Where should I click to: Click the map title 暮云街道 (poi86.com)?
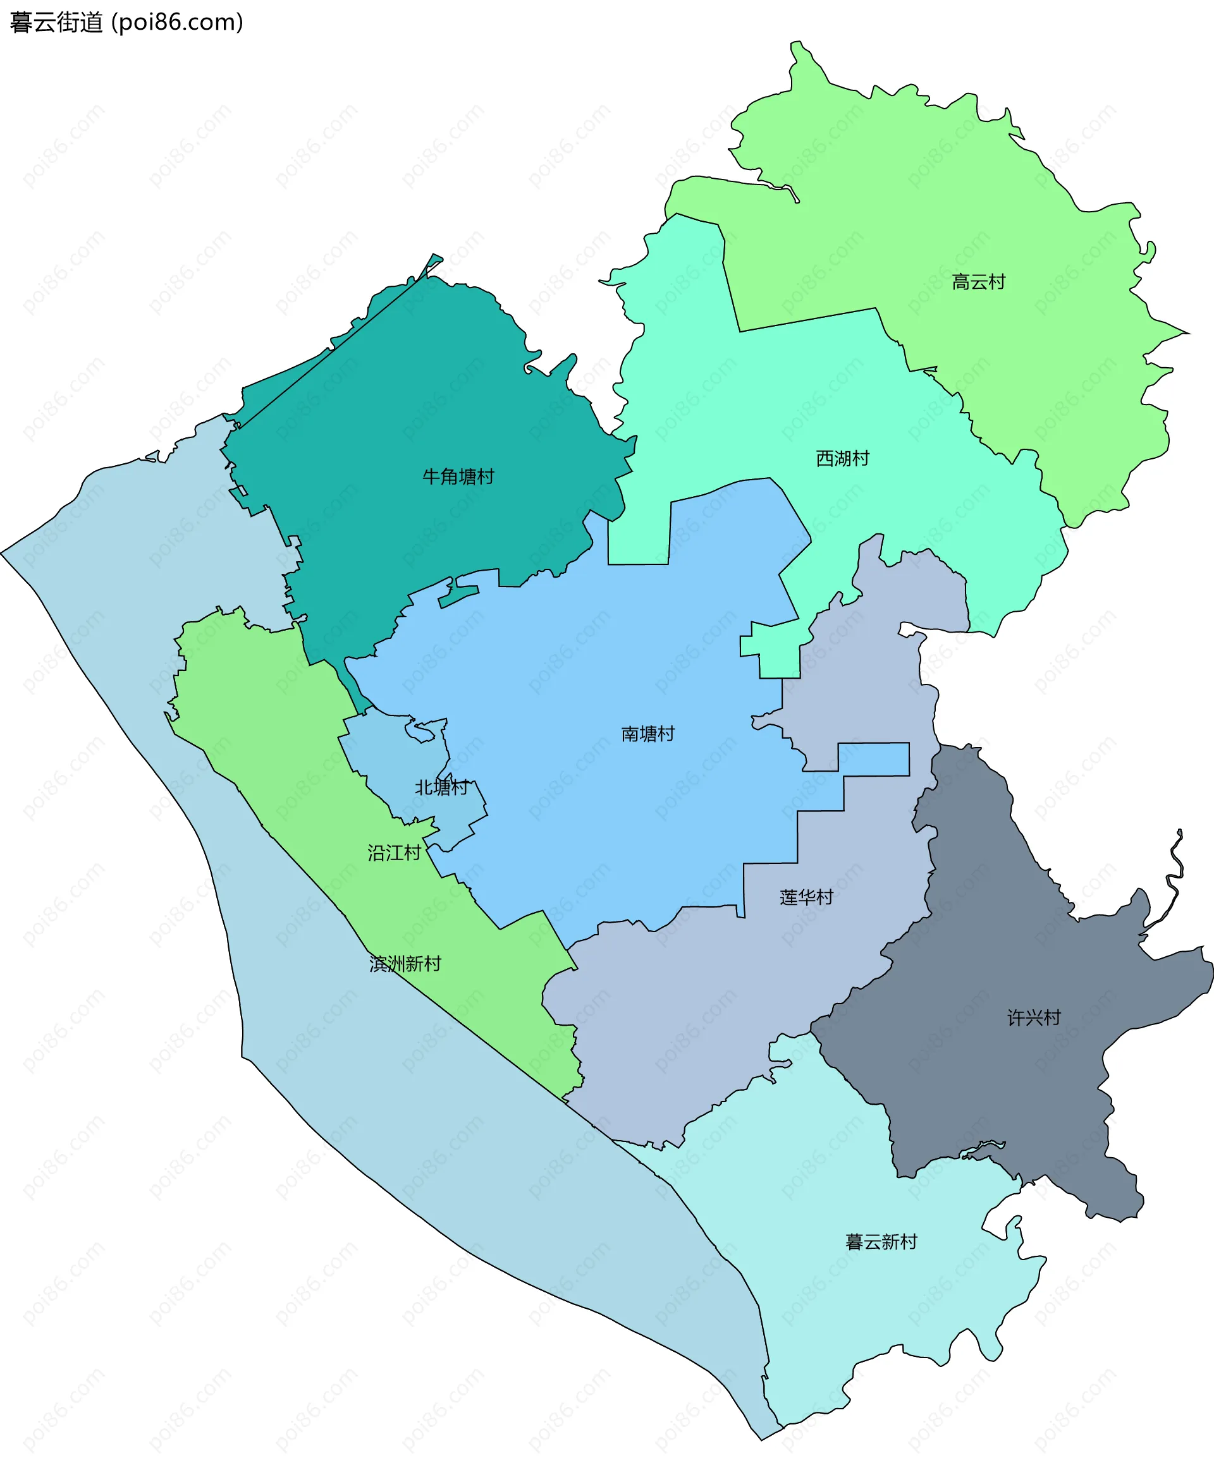126,22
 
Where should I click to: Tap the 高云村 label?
978,282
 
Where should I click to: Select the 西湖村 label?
843,459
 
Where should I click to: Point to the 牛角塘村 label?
458,477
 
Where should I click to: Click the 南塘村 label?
647,734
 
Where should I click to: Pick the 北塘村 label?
441,788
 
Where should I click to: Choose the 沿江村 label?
395,853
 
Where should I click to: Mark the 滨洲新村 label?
405,964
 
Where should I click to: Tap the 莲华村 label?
806,897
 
